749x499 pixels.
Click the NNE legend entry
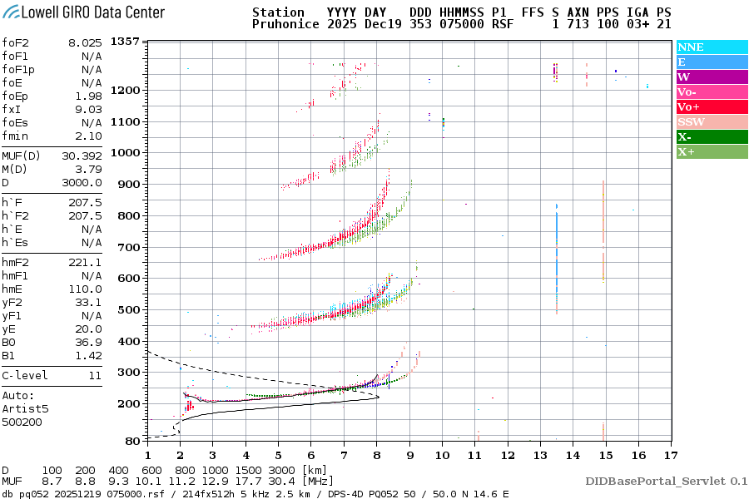pos(691,47)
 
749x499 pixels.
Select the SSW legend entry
pos(691,122)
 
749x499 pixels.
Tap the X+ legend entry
pos(687,152)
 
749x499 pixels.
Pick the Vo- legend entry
pos(687,92)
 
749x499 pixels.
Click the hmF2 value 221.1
pos(87,262)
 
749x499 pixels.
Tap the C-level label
pos(25,375)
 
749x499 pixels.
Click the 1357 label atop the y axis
pos(125,42)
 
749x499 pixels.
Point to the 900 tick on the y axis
pos(129,184)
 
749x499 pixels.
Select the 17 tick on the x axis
pos(669,455)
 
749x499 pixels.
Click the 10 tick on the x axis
pos(442,455)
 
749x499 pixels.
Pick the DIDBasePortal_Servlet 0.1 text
pos(666,481)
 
